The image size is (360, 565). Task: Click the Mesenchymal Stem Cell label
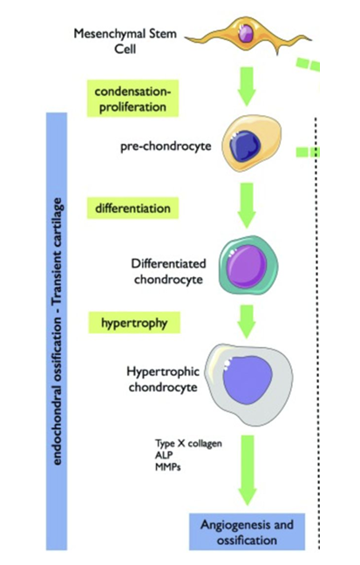pos(125,40)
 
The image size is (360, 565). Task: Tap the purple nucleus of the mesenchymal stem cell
pos(247,34)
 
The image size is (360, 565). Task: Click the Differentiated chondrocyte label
pos(167,270)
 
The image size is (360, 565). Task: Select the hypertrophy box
pos(133,322)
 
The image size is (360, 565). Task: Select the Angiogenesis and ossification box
pos(247,532)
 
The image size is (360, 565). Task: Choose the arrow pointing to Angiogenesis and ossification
pos(248,471)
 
